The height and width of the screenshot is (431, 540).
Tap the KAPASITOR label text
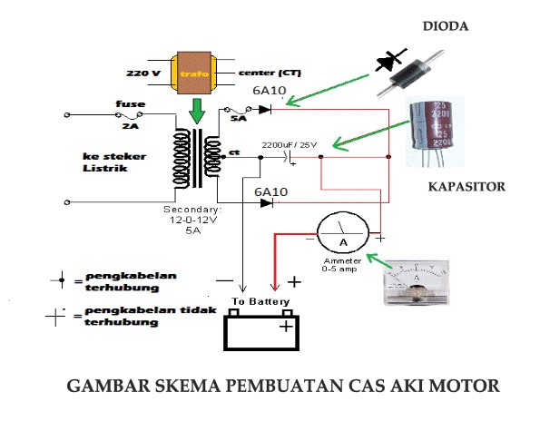click(x=467, y=187)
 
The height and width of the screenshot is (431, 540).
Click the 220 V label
click(x=143, y=72)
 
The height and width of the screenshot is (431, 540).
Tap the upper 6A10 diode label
click(x=271, y=91)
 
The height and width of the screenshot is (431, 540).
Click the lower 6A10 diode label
click(x=270, y=192)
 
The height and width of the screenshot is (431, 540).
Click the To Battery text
click(x=260, y=301)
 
